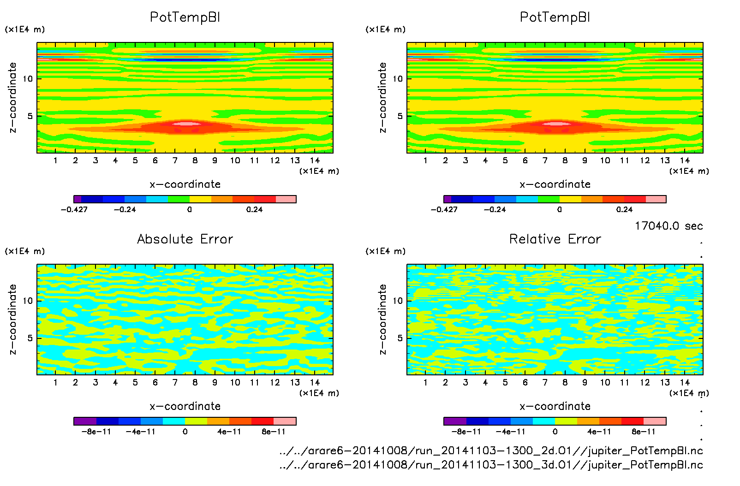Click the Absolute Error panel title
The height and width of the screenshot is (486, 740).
tap(185, 239)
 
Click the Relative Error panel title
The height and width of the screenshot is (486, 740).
tap(555, 239)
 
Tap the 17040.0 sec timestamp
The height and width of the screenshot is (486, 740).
tap(668, 226)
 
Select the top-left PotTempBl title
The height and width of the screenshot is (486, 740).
tap(185, 17)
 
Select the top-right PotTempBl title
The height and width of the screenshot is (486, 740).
tap(555, 17)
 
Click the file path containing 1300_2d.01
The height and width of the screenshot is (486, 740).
tap(491, 450)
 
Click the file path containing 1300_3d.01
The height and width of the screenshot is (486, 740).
tap(491, 465)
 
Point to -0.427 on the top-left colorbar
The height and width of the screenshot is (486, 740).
tap(74, 209)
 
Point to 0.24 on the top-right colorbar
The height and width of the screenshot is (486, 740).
tap(625, 209)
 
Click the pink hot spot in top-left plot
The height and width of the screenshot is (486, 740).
tap(187, 123)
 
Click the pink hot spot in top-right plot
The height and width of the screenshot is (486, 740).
tap(557, 123)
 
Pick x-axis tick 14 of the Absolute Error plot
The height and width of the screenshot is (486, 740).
tap(315, 382)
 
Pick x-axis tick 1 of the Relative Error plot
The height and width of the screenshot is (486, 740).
tap(425, 382)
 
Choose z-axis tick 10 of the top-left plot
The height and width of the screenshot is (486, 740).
tap(28, 79)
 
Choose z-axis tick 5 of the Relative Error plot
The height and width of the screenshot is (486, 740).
tap(400, 338)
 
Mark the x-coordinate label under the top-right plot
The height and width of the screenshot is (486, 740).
tap(555, 184)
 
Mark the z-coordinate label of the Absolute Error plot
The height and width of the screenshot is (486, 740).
tap(12, 319)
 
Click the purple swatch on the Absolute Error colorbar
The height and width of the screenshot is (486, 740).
tap(85, 421)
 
